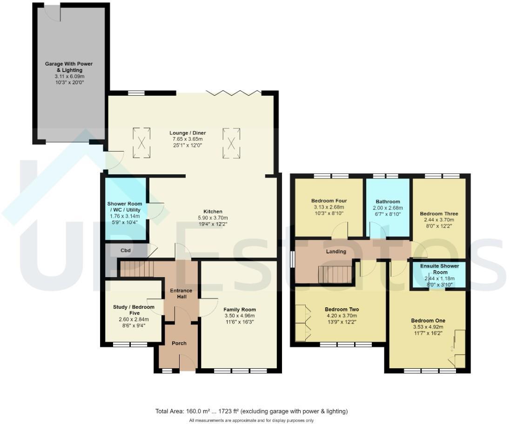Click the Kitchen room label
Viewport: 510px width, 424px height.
click(213, 212)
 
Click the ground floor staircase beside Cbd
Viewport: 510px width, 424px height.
click(136, 269)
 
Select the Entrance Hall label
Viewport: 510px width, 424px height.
click(181, 294)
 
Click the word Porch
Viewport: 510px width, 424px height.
click(179, 344)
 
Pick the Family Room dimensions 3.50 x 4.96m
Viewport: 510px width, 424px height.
click(239, 316)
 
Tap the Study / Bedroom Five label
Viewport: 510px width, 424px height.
click(134, 310)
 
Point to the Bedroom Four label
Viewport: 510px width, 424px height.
click(329, 201)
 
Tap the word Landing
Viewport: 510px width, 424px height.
click(336, 252)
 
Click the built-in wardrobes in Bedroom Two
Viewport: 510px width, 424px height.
click(302, 323)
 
